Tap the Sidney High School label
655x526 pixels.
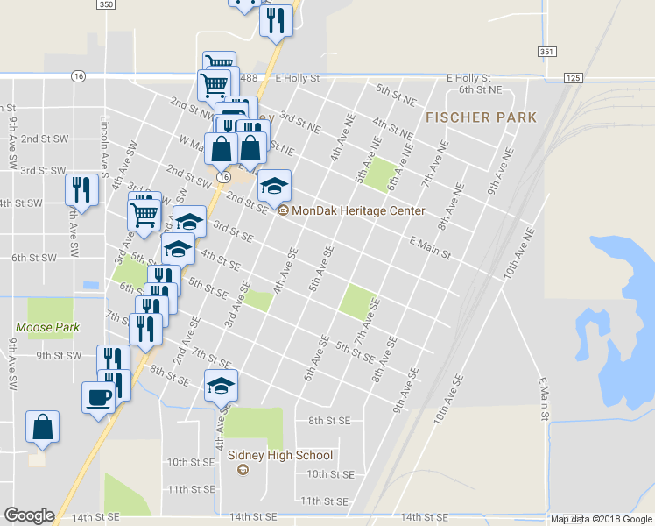(x=279, y=455)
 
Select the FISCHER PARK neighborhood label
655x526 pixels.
(x=481, y=117)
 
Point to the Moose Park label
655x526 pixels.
(x=47, y=327)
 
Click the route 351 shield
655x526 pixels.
(x=547, y=52)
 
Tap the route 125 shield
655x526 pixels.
(x=574, y=78)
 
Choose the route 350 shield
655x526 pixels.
(x=106, y=4)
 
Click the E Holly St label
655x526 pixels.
(x=468, y=78)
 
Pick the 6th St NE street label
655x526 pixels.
(x=480, y=89)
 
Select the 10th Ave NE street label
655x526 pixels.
(x=518, y=254)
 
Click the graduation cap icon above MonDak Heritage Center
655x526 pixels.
(x=274, y=185)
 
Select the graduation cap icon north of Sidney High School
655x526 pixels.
(x=222, y=385)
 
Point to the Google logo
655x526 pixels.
(x=29, y=515)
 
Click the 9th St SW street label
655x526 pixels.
(x=59, y=355)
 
